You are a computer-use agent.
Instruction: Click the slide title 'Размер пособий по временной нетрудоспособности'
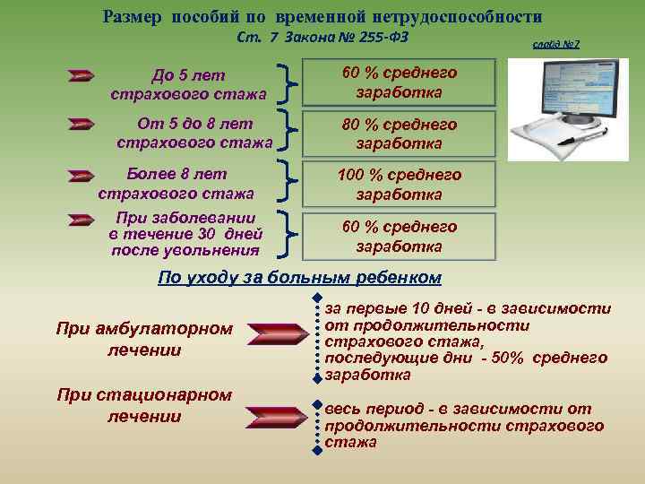pyautogui.click(x=322, y=16)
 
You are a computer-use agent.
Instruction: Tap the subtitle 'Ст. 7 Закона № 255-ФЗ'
pyautogui.click(x=325, y=39)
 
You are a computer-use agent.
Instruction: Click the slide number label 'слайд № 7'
pyautogui.click(x=555, y=43)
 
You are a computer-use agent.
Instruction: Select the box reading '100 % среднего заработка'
pyautogui.click(x=400, y=184)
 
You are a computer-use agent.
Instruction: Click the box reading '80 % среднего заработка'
pyautogui.click(x=400, y=134)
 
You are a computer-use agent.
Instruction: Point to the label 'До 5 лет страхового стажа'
pyautogui.click(x=188, y=84)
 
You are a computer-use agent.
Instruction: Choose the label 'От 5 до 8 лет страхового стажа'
pyautogui.click(x=194, y=133)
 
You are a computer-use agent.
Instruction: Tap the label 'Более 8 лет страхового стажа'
pyautogui.click(x=176, y=183)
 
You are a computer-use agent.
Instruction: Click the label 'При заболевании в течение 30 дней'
pyautogui.click(x=185, y=233)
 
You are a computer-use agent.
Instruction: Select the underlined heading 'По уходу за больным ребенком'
pyautogui.click(x=299, y=276)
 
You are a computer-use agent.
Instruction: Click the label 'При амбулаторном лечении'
pyautogui.click(x=143, y=339)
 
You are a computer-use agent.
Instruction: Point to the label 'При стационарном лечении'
pyautogui.click(x=143, y=405)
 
